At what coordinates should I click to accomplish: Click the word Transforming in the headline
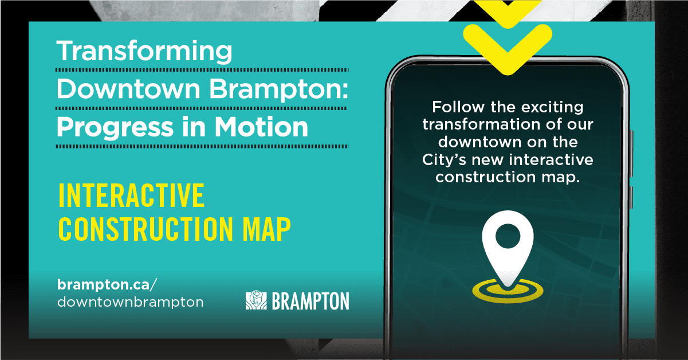click(x=144, y=52)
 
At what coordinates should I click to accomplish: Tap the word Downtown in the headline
click(x=129, y=88)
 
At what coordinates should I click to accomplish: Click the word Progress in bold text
click(x=115, y=128)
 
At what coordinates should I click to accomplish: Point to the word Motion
click(x=261, y=127)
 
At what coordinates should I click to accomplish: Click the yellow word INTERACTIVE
click(x=131, y=195)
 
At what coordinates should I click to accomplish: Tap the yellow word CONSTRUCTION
click(x=146, y=229)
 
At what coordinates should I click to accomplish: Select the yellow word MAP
click(x=266, y=229)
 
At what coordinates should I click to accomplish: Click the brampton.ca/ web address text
click(x=107, y=284)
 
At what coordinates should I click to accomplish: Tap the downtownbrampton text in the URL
click(x=130, y=302)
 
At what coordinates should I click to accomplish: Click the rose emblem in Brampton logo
click(x=256, y=300)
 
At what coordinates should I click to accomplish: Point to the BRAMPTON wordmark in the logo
click(x=310, y=301)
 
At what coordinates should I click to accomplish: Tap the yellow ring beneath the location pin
click(x=508, y=298)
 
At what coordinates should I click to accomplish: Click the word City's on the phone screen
click(x=444, y=160)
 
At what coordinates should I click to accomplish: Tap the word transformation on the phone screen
click(x=481, y=124)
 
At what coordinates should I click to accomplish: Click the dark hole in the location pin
click(x=508, y=236)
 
